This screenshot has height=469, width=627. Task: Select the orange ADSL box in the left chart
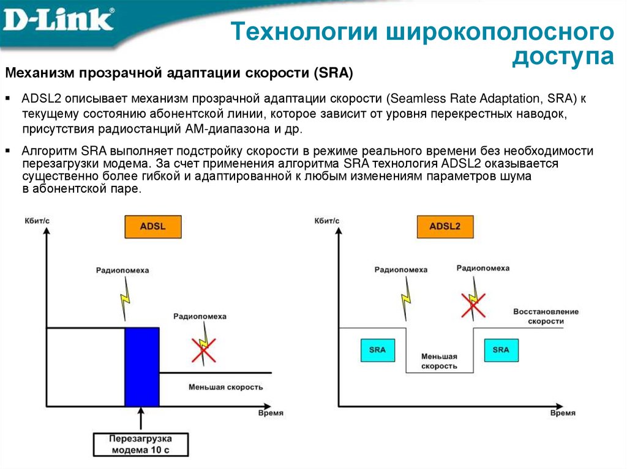[153, 227]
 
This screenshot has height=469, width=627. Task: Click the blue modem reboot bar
[142, 366]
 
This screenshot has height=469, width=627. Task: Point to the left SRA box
[377, 350]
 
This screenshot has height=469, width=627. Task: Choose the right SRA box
[500, 350]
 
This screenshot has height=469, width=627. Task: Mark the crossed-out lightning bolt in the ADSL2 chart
[473, 302]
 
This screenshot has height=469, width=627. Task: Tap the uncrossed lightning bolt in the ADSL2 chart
[406, 298]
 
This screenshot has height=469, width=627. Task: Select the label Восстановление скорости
[546, 316]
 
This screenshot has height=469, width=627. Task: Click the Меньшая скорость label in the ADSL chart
[225, 387]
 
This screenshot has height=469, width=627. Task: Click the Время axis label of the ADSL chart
[270, 413]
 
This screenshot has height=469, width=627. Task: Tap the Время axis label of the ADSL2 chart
[562, 413]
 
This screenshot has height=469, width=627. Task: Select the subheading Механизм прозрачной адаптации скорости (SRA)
[179, 73]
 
